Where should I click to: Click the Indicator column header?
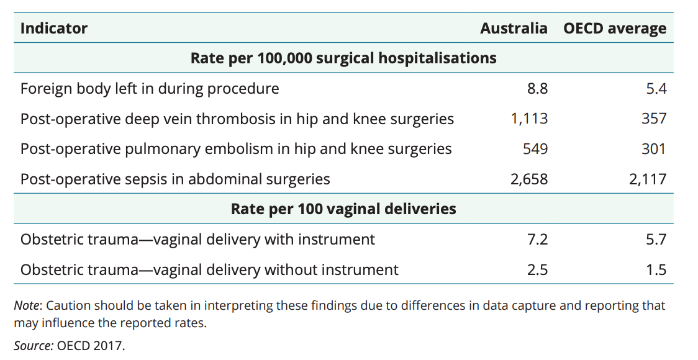coord(54,29)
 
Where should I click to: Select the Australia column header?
coord(514,29)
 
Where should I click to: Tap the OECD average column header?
coord(615,29)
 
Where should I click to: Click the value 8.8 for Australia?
coord(537,89)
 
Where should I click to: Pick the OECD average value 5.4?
coord(656,89)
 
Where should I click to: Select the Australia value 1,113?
coord(529,119)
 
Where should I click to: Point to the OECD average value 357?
coord(653,119)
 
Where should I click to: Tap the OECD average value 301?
coord(653,149)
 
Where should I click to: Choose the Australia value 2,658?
coord(529,179)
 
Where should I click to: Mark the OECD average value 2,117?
coord(648,179)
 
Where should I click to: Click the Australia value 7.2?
coord(537,239)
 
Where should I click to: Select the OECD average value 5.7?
coord(656,239)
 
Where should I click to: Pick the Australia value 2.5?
coord(537,269)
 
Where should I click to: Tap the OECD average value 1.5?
coord(656,269)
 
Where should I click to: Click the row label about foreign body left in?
coord(150,89)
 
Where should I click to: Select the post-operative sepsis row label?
coord(175,179)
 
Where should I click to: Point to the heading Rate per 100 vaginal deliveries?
coord(343,209)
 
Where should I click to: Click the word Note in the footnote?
coord(27,306)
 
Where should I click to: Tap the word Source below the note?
coord(33,346)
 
